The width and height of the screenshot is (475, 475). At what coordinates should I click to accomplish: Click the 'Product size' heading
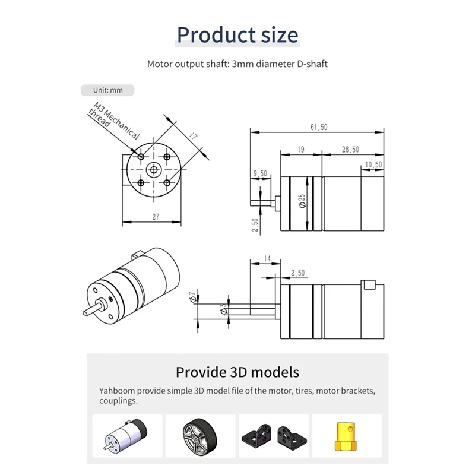237,35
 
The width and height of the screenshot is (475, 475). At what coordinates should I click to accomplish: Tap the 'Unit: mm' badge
107,90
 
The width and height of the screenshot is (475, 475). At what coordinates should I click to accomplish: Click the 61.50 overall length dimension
319,127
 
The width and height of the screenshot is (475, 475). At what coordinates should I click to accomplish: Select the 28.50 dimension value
350,150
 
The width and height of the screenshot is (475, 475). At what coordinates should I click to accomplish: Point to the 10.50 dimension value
373,164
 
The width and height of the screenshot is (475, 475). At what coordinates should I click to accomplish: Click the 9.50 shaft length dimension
260,173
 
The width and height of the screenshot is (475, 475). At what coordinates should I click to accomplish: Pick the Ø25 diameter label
302,201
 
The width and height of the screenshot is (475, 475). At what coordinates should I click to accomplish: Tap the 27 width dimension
156,217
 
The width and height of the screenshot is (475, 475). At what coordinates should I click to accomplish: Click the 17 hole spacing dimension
193,137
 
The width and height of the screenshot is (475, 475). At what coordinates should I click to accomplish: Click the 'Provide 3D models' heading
237,373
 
